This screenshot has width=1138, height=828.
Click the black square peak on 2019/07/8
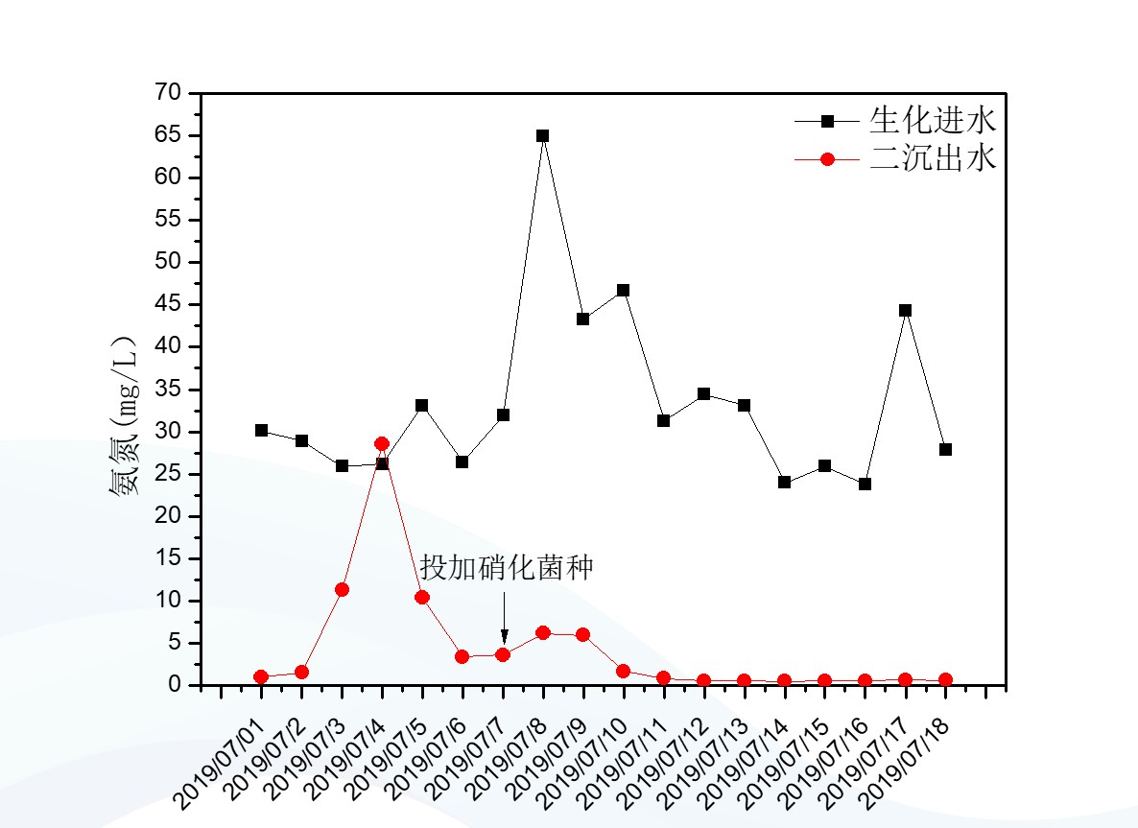(542, 135)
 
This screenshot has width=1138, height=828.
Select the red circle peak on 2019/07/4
(382, 443)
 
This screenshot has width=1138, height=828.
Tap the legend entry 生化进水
(933, 121)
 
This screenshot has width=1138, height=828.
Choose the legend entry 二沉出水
(933, 158)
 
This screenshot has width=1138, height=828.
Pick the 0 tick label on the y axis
(176, 685)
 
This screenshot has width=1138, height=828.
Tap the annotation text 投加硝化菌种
(507, 568)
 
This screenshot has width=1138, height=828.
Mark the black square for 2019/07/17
(905, 310)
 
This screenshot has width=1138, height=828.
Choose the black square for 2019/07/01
(261, 430)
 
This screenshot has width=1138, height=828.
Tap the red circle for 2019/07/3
(342, 589)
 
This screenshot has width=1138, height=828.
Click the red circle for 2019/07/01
(261, 676)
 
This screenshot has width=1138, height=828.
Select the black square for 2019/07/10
(623, 290)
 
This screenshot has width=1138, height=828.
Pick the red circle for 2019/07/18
(945, 680)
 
